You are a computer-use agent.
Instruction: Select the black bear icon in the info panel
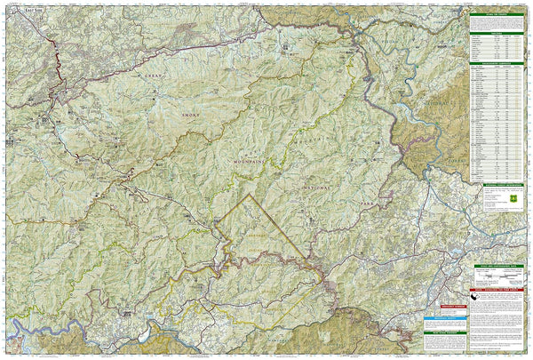pyautogui.click(x=481, y=301)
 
